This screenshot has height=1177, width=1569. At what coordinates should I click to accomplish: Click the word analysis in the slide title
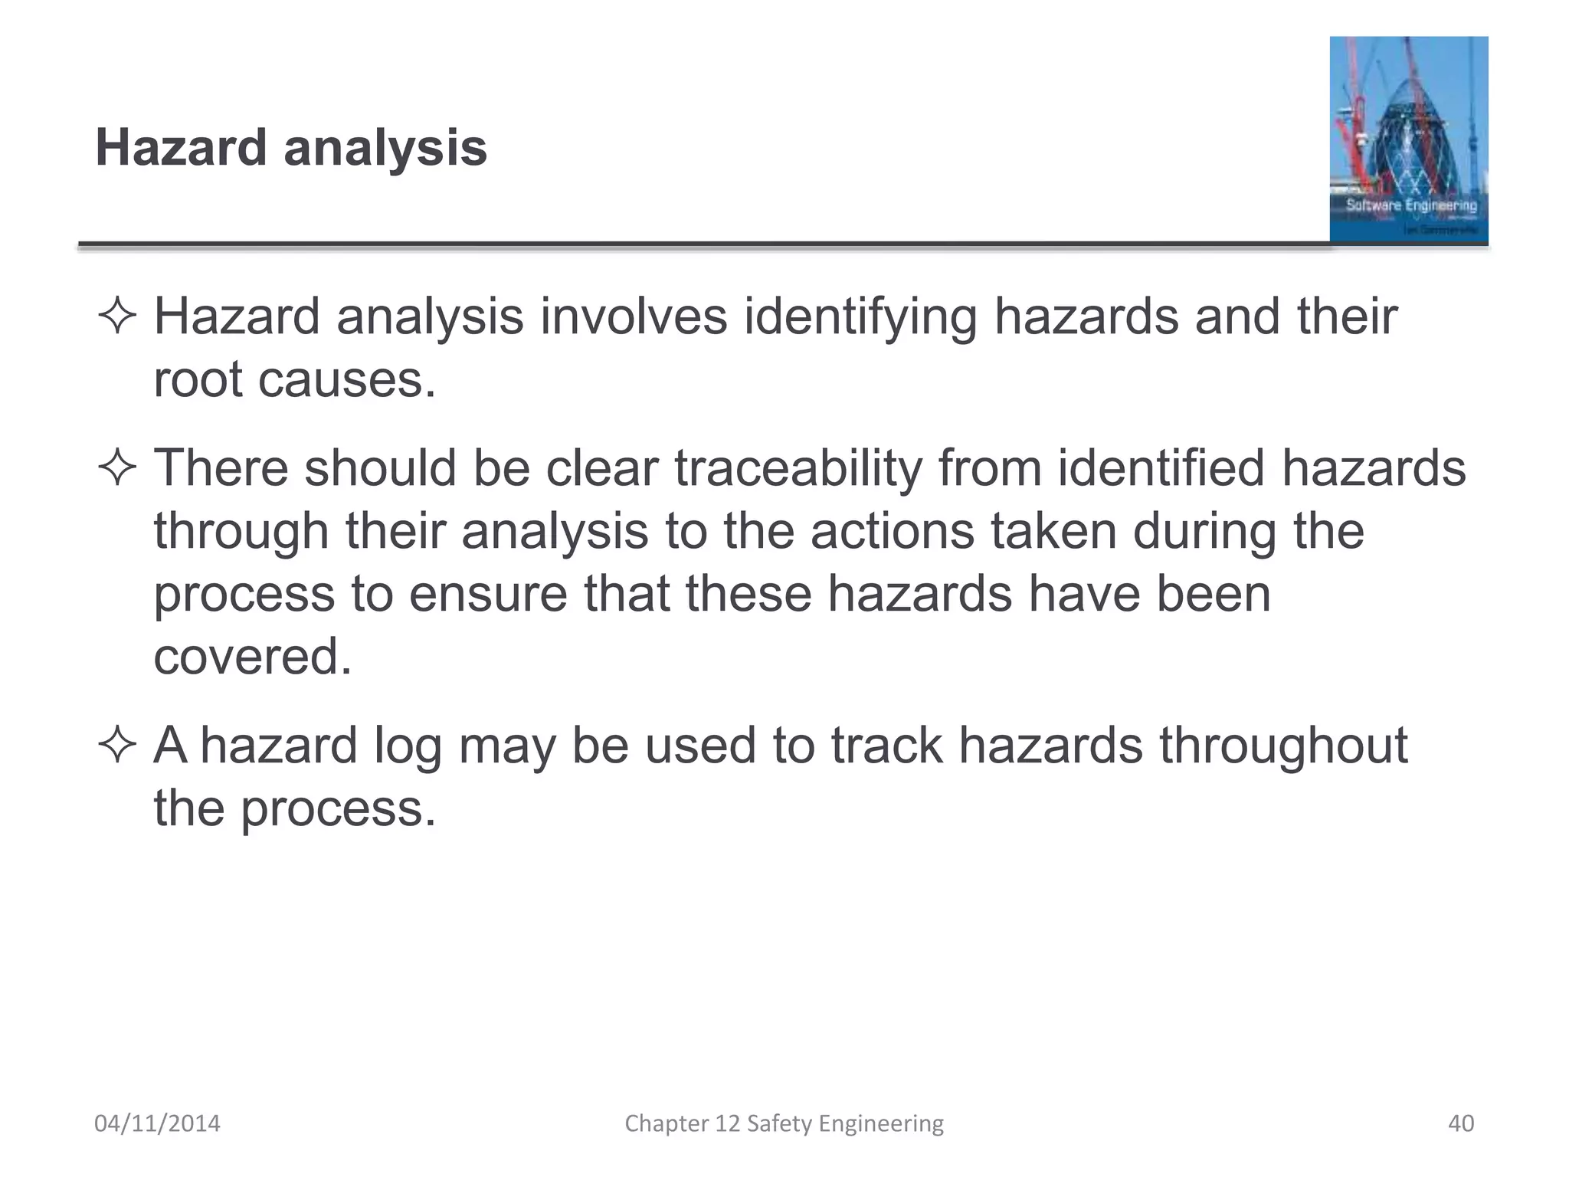pos(385,149)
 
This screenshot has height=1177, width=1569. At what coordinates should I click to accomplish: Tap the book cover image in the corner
pos(1408,139)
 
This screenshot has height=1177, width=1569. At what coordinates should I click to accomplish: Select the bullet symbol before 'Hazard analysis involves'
pos(117,316)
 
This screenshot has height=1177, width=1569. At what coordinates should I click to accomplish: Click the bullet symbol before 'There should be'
pos(117,468)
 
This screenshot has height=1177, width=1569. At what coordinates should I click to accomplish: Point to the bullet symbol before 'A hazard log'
pos(117,746)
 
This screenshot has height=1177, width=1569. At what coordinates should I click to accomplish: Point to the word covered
pos(253,657)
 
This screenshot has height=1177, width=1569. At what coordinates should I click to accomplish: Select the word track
pos(886,746)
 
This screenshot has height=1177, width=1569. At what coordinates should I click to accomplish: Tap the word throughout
pos(1283,746)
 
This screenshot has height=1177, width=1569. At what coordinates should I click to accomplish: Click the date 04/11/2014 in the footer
pos(157,1123)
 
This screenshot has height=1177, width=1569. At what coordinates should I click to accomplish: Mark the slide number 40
pos(1461,1123)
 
